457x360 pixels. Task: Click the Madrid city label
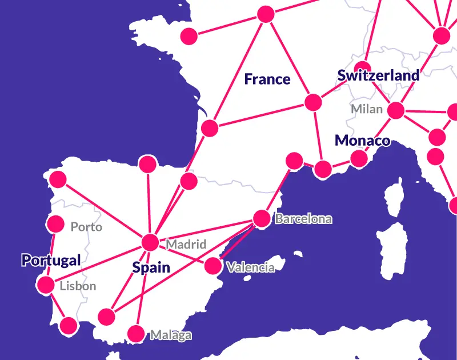186,245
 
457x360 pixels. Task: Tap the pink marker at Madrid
150,242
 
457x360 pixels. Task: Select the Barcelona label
303,219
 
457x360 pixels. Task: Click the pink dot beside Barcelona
262,218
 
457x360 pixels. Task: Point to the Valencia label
250,267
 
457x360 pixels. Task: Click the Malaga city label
171,335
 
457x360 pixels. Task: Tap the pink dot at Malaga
136,333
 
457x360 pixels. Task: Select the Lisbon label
78,286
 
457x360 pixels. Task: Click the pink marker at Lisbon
45,284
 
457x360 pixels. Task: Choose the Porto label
86,227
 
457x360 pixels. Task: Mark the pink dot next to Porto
55,223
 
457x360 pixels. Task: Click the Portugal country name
51,261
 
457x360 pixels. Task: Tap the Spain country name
151,267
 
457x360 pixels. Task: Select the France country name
267,79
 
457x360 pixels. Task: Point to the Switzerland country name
378,75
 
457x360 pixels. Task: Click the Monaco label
362,140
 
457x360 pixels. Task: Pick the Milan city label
367,109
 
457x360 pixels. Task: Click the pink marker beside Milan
395,110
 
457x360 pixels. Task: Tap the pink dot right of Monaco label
359,158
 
